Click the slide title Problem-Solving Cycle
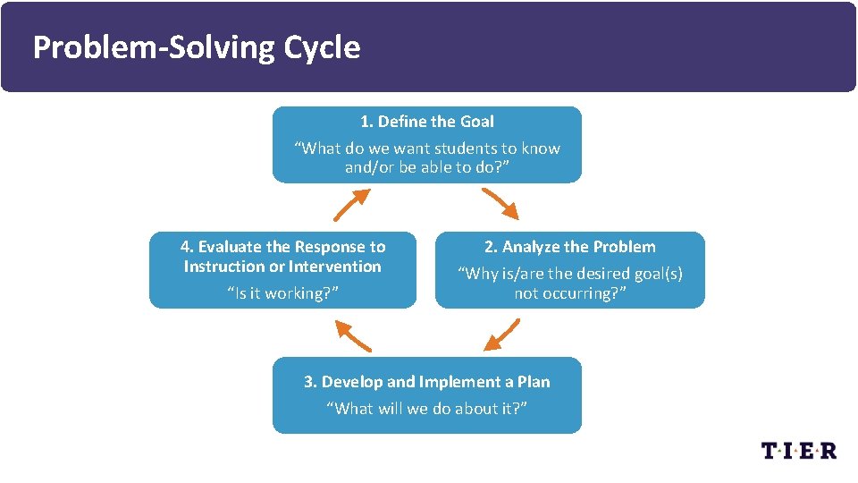coord(197,47)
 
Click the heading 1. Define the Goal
coord(426,122)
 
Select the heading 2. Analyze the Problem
coord(569,247)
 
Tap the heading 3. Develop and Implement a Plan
coord(426,382)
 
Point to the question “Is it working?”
coord(282,293)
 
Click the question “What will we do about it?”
coord(426,409)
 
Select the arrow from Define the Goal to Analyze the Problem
coord(500,205)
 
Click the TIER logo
coord(798,450)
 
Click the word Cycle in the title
coord(323,47)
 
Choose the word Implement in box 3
coord(461,382)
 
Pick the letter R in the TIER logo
coord(828,450)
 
